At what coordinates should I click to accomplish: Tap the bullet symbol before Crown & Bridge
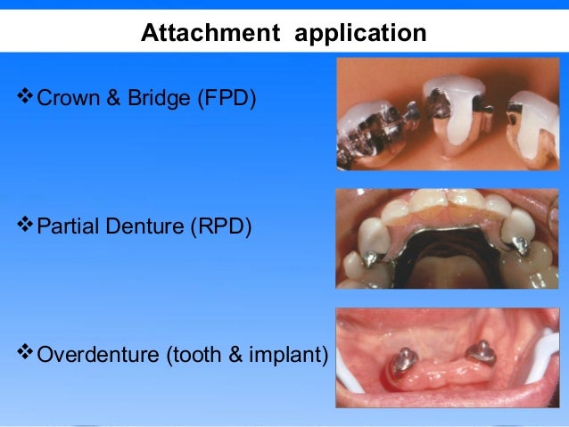(x=24, y=94)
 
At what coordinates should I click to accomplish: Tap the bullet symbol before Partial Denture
(x=24, y=224)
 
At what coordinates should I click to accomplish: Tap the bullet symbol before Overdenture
(x=24, y=355)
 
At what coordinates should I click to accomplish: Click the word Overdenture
(x=97, y=357)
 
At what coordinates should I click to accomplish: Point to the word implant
(x=290, y=357)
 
